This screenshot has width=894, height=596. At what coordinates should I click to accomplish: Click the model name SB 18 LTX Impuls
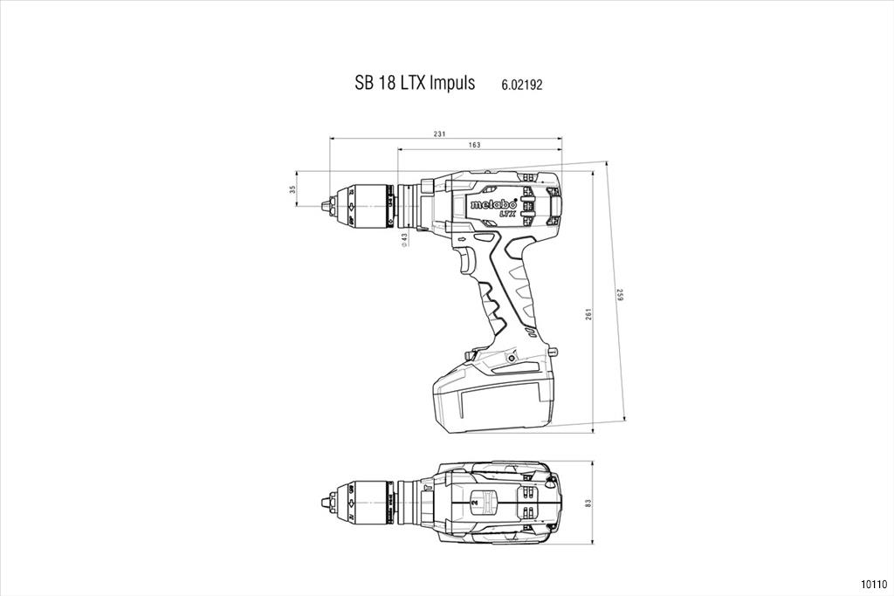415,83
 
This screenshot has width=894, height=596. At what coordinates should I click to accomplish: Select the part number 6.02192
522,86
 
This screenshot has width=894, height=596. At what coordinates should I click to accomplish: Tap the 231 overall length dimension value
439,134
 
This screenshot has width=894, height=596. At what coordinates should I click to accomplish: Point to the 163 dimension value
474,146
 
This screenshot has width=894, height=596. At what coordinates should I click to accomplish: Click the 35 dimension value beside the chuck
292,189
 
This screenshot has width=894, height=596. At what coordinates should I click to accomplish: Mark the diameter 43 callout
404,239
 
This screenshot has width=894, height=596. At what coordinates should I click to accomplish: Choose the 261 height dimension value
588,314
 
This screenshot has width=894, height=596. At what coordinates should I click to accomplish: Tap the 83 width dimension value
588,504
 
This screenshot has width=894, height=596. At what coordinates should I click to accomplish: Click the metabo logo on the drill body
493,203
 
